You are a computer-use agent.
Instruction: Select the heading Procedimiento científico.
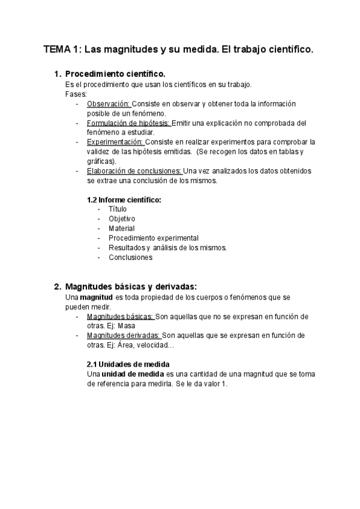coord(115,74)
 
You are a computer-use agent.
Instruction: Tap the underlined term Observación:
coord(109,104)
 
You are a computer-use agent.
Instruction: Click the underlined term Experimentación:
coord(115,142)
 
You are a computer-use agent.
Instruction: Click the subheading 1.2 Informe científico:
coord(124,199)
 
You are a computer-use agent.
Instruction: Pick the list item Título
coord(118,209)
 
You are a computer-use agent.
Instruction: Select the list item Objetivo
coord(122,218)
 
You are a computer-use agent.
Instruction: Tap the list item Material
coord(122,228)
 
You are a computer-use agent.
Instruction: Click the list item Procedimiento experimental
coord(154,238)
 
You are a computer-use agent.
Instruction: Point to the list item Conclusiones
coord(130,258)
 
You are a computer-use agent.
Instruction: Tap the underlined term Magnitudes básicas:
coord(120,316)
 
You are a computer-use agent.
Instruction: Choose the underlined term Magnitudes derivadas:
coord(124,336)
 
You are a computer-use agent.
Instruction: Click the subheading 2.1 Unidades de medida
coord(128,364)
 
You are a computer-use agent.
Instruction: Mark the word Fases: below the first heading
coord(76,94)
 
